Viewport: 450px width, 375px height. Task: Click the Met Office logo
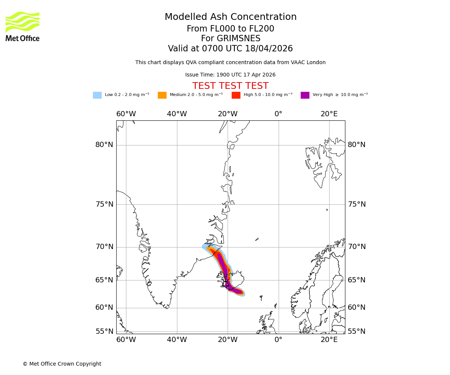[22, 26]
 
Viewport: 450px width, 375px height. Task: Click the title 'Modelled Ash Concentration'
[231, 17]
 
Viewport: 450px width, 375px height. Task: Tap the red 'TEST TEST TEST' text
[230, 86]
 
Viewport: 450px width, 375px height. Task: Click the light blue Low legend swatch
[97, 95]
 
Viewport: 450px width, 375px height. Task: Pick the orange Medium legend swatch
[162, 95]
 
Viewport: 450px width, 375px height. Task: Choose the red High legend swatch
[236, 95]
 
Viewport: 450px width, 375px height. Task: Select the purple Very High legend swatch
[305, 95]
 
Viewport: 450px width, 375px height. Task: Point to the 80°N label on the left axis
[104, 145]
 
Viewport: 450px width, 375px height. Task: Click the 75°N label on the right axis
[357, 204]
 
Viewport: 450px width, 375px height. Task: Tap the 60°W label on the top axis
[126, 114]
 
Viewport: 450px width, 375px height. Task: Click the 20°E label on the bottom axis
[329, 340]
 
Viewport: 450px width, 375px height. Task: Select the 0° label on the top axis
[278, 114]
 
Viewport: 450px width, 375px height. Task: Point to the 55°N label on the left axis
[104, 331]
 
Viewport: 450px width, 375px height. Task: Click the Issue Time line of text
[230, 75]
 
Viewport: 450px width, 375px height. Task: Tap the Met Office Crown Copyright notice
[62, 364]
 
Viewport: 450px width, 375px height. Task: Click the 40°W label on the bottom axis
[177, 340]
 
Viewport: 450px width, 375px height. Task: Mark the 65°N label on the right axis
[357, 280]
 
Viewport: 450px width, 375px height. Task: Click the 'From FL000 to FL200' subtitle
[230, 29]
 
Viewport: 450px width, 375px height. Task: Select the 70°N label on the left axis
[104, 247]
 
